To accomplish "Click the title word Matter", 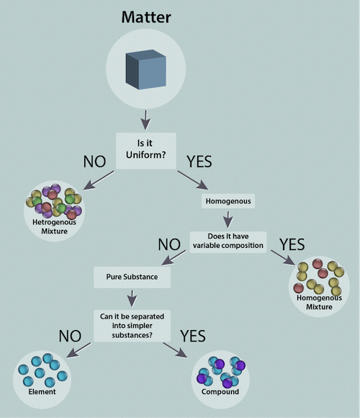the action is [146, 17].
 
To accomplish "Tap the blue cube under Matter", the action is [146, 69].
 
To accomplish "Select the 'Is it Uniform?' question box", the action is [146, 151].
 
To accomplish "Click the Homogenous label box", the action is [228, 201].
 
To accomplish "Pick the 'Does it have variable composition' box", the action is [228, 242].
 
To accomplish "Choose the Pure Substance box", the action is [132, 277].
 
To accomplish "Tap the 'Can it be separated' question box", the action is [132, 326].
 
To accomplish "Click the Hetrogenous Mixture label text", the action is [54, 226].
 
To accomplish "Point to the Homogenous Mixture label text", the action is [319, 302].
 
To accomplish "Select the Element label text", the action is [42, 391].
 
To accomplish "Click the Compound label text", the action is [220, 392].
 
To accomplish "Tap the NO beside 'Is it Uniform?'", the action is [94, 161].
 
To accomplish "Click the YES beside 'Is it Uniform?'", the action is [199, 161].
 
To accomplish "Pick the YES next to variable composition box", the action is [292, 244].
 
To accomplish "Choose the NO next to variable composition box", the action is [169, 244].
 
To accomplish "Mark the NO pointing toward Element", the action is [70, 336].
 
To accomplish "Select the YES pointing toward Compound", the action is [193, 336].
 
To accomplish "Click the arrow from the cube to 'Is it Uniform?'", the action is [145, 120].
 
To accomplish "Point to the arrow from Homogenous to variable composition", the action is [228, 220].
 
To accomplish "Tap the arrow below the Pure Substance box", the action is [132, 298].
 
